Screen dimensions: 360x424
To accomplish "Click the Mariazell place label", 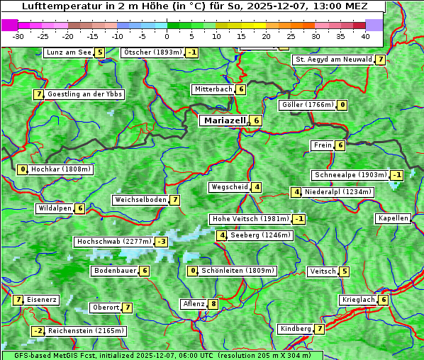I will pyautogui.click(x=225, y=120).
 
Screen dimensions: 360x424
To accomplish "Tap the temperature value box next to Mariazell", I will pyautogui.click(x=256, y=120).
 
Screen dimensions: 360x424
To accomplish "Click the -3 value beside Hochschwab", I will pyautogui.click(x=162, y=242).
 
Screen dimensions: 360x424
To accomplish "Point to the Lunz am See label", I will pyautogui.click(x=69, y=52).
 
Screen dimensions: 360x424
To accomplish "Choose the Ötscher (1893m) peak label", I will pyautogui.click(x=152, y=52).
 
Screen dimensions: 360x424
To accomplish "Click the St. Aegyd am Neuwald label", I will pyautogui.click(x=333, y=60).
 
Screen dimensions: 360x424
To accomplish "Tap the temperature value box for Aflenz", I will pyautogui.click(x=213, y=304).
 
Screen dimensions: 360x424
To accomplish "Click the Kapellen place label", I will pyautogui.click(x=393, y=218).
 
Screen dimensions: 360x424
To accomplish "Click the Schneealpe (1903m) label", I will pyautogui.click(x=350, y=175).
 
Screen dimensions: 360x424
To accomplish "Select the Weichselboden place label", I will pyautogui.click(x=140, y=200).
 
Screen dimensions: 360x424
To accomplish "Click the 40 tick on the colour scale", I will pyautogui.click(x=365, y=36).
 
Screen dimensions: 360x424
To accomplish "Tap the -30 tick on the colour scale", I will pyautogui.click(x=18, y=36).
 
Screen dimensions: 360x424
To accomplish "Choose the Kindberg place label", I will pyautogui.click(x=296, y=329).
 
